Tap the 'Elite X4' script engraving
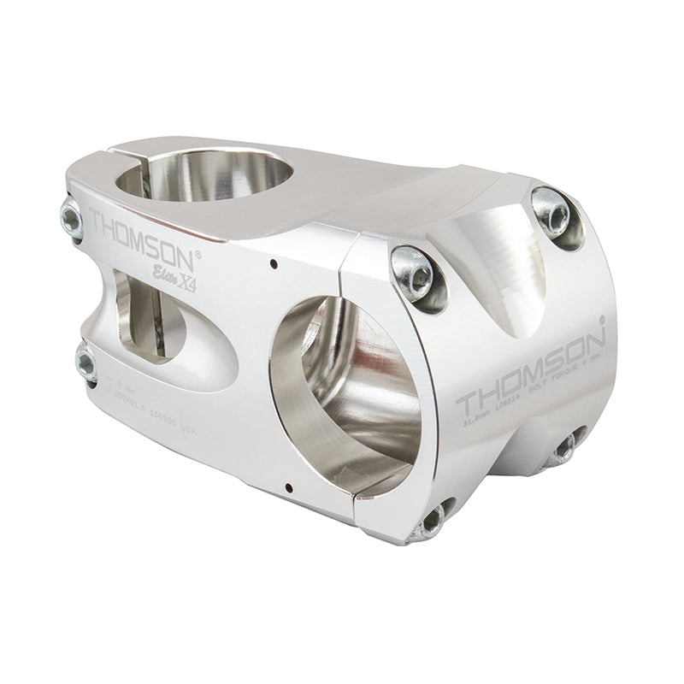pyautogui.click(x=175, y=280)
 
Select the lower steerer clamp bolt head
pyautogui.click(x=85, y=363)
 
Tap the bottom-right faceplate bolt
pyautogui.click(x=564, y=448)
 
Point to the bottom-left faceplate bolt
pyautogui.click(x=433, y=519)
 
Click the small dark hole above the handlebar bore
pyautogui.click(x=272, y=262)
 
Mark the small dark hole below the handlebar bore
pyautogui.click(x=289, y=489)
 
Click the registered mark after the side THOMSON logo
pyautogui.click(x=199, y=252)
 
